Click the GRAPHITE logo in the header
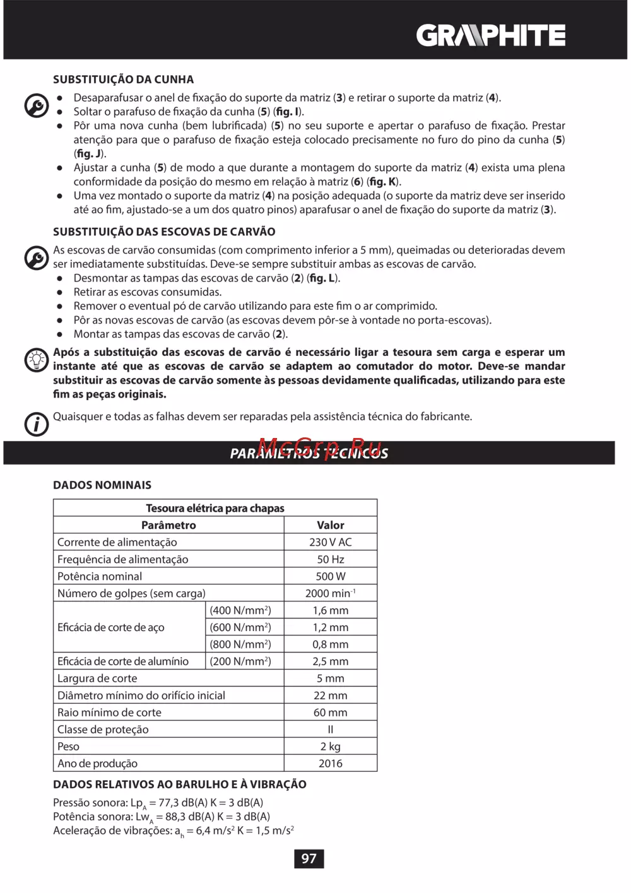(x=490, y=35)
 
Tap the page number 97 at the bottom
(x=309, y=858)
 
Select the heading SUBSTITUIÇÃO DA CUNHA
(x=123, y=80)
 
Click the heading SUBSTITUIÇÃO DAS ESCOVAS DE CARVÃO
(x=164, y=232)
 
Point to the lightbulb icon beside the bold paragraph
(x=37, y=360)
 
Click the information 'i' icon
(x=37, y=423)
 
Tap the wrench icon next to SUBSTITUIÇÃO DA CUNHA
(x=37, y=105)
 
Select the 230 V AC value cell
(x=330, y=542)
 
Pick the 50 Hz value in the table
(x=330, y=559)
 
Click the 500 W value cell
(x=330, y=576)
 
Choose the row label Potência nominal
(x=100, y=576)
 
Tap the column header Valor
(x=330, y=525)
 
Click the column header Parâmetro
(x=168, y=525)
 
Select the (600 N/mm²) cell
(x=240, y=627)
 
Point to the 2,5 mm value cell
(x=330, y=661)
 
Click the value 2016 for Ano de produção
(x=330, y=764)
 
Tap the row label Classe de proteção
(x=103, y=730)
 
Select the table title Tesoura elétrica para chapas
(x=215, y=508)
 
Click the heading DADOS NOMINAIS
(x=102, y=485)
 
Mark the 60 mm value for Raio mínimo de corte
(x=330, y=713)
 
